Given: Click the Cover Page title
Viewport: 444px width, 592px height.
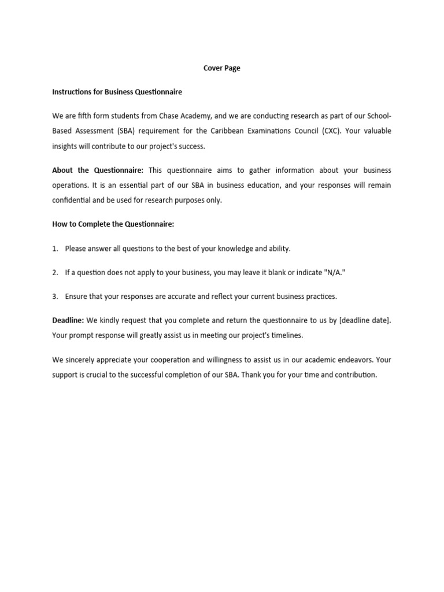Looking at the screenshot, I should point(222,68).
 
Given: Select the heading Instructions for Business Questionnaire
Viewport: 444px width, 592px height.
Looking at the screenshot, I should point(117,92).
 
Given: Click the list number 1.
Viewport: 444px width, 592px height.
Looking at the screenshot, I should point(55,249).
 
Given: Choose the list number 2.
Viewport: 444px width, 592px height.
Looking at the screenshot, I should point(55,272).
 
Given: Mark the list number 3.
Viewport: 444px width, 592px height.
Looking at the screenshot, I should point(55,297).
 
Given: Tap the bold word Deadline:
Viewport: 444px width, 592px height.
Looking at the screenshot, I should point(68,320).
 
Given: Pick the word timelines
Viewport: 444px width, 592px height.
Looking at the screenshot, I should point(283,335).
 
